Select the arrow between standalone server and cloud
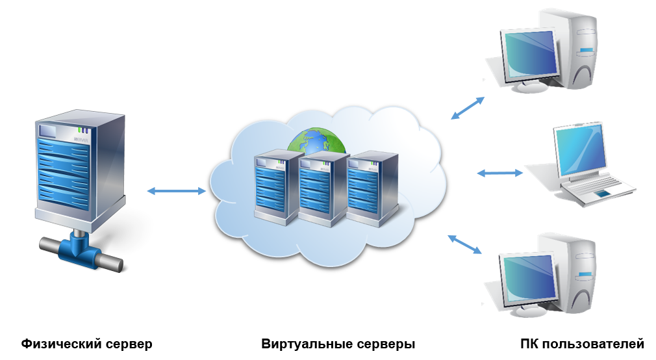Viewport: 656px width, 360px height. (x=177, y=191)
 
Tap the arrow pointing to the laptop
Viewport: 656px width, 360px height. (x=500, y=174)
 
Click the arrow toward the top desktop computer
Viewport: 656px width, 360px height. (x=468, y=109)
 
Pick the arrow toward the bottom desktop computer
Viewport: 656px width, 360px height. (x=465, y=244)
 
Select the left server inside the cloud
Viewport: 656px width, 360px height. (x=277, y=188)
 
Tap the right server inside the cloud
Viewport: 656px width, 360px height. (x=370, y=188)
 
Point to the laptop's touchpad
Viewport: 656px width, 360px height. (x=603, y=193)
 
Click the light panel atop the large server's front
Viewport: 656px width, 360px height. (x=49, y=131)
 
